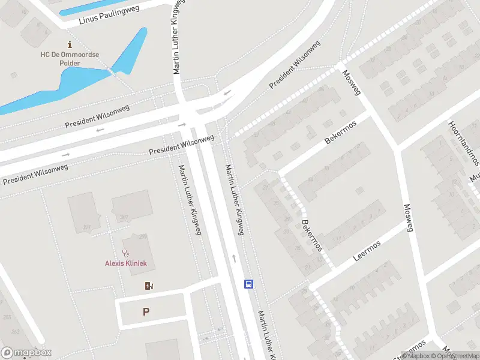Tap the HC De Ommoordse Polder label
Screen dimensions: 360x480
(x=70, y=59)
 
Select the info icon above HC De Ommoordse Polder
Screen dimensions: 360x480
(x=70, y=44)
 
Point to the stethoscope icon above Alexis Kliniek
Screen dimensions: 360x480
(x=125, y=253)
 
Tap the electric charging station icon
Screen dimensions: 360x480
(x=149, y=286)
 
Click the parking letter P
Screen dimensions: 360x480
(x=145, y=312)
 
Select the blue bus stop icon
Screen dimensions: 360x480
(x=248, y=284)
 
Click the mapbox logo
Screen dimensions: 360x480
(x=26, y=353)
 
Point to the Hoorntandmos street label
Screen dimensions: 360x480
(x=463, y=143)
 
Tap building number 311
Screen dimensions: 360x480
(x=87, y=227)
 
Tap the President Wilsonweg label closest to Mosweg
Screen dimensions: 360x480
(x=294, y=65)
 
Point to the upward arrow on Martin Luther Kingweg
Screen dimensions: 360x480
(x=234, y=259)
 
